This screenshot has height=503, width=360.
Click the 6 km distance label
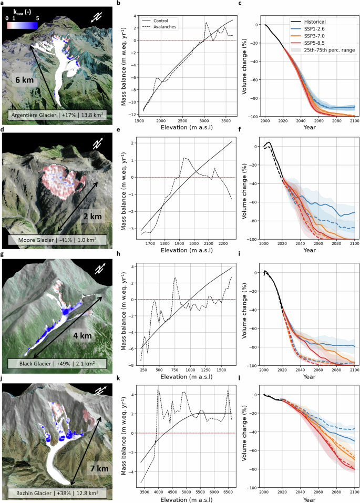26,80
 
